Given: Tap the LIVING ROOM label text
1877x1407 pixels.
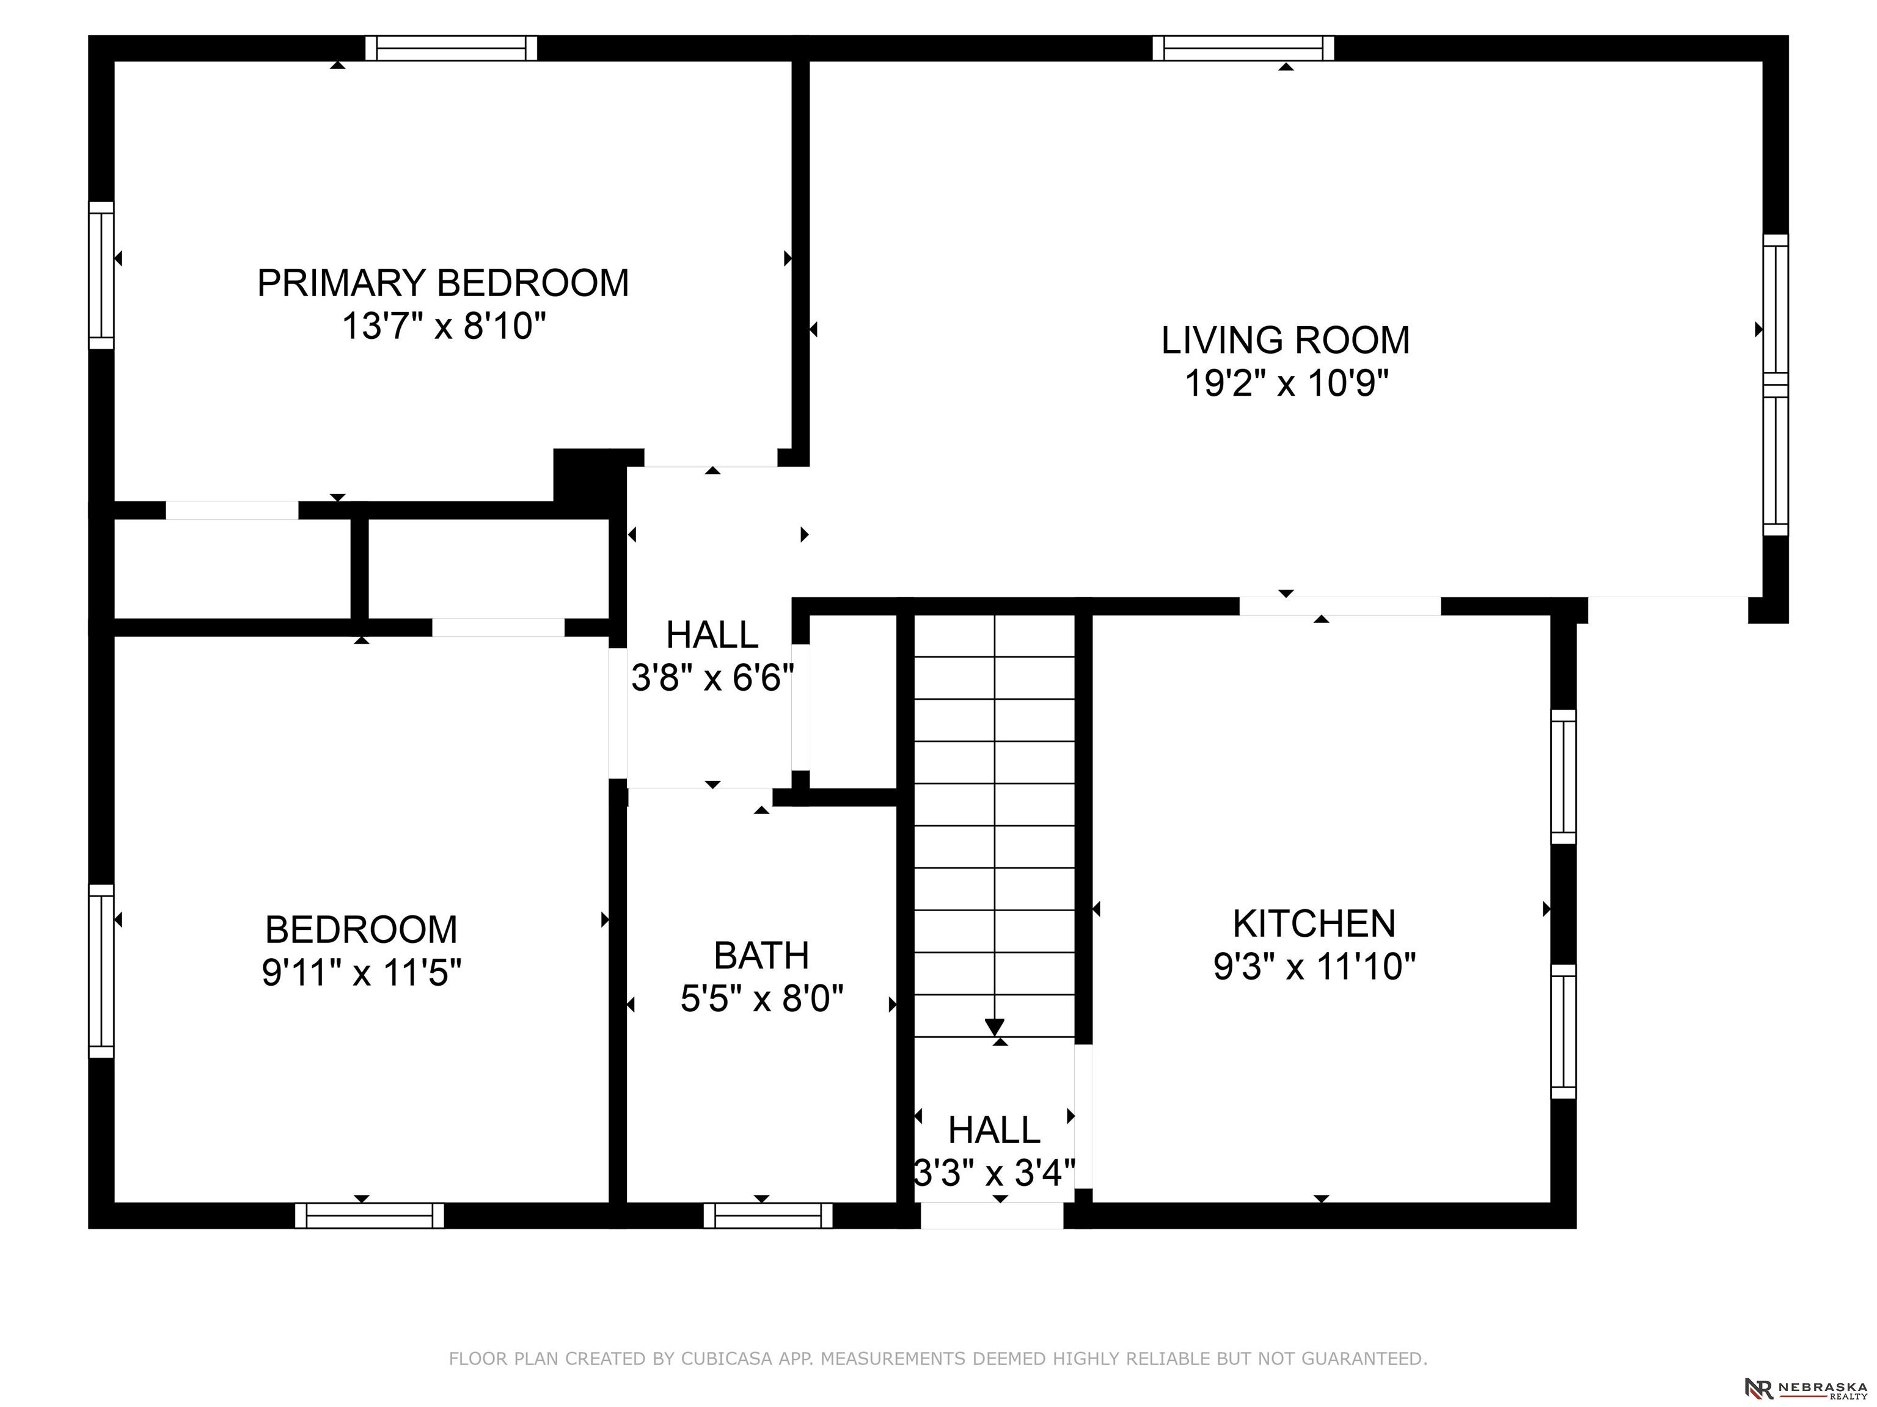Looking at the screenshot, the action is pos(1286,341).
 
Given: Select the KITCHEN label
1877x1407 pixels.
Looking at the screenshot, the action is pos(1314,923).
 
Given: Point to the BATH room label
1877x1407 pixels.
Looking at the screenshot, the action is pos(761,956).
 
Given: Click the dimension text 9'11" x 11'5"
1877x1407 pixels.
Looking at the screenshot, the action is pos(362,973).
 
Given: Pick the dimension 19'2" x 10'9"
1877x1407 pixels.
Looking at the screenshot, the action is pos(1286,384).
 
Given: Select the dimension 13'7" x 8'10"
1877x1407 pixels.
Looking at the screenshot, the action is pos(443,325).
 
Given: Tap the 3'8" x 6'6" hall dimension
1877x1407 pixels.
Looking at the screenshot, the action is pos(713,678).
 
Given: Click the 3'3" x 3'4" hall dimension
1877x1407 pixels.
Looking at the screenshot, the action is pos(995,1173).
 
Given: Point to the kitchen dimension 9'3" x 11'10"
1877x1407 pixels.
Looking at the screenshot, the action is pos(1314,966).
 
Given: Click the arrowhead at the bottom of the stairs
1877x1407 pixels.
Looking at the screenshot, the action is pos(995,1027).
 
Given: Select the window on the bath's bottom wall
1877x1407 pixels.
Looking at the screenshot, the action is pos(768,1215).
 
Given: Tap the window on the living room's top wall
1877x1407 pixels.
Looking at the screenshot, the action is pos(1243,48).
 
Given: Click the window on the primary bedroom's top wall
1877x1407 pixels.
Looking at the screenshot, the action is pos(452,48).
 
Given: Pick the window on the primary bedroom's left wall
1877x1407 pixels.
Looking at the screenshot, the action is pos(101,275).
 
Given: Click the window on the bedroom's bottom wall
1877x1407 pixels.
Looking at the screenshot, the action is pos(369,1215).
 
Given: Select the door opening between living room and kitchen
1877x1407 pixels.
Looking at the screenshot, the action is pos(1340,606).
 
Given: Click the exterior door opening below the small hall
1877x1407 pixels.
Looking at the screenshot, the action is pos(992,1215).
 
